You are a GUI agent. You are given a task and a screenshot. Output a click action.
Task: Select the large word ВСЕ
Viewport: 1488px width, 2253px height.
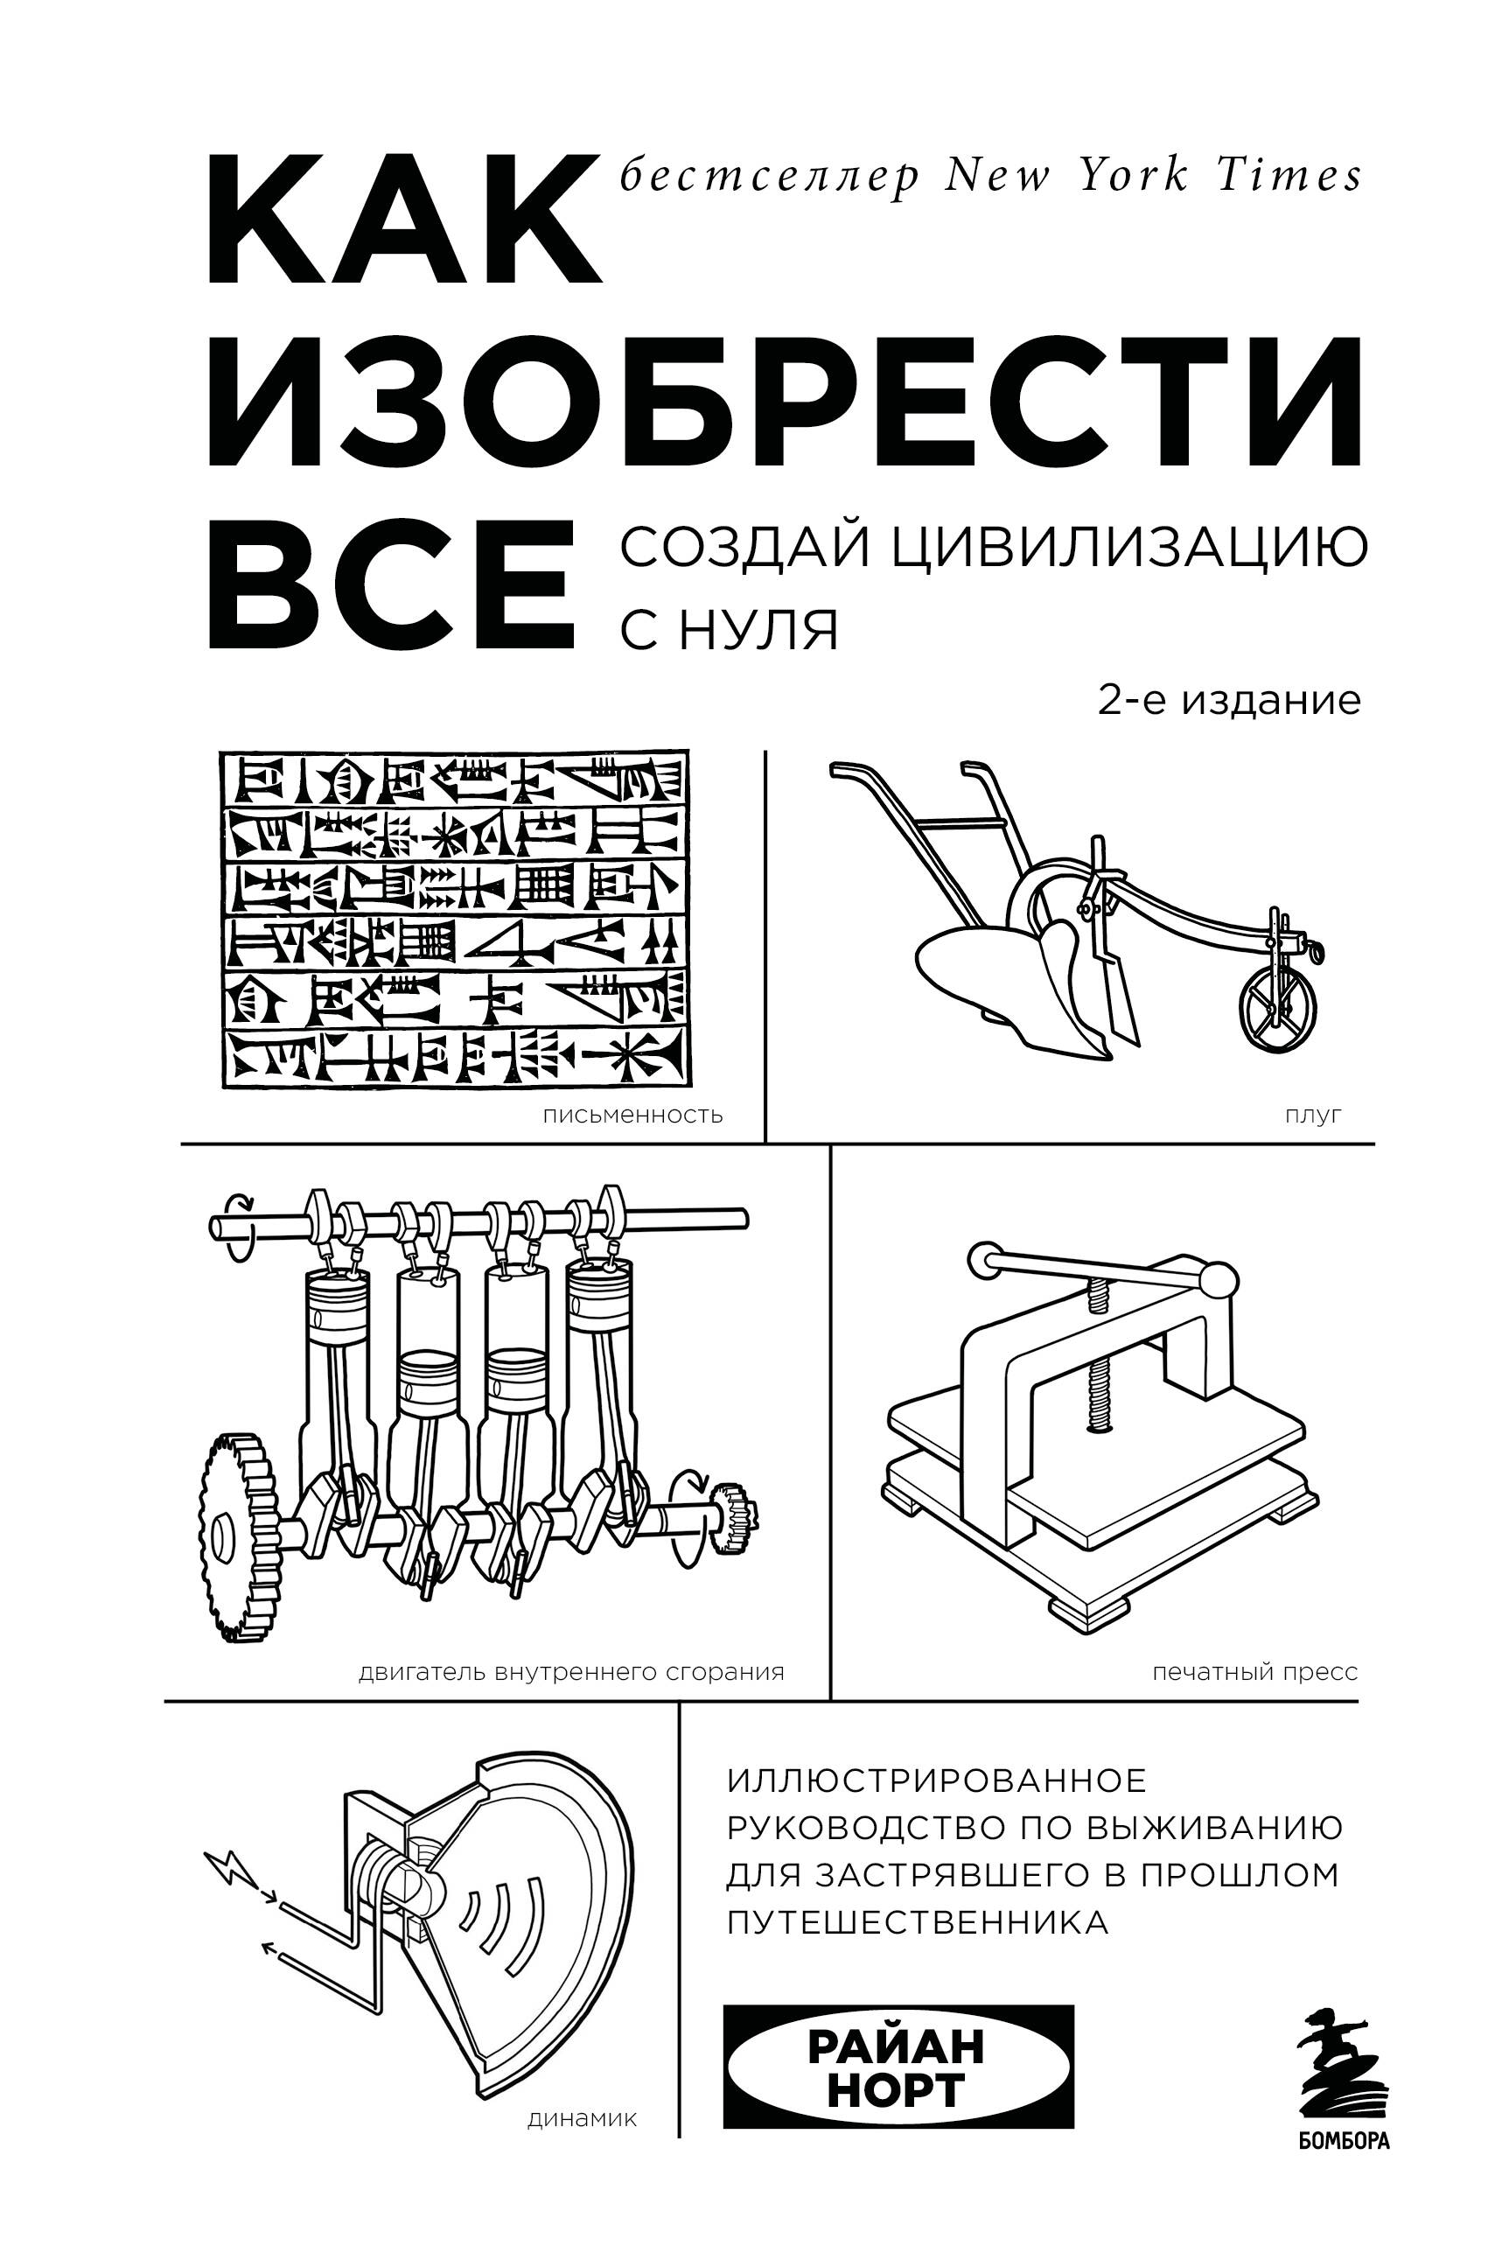click(x=392, y=585)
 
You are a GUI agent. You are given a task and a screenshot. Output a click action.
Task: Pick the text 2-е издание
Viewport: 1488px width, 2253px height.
click(x=1229, y=700)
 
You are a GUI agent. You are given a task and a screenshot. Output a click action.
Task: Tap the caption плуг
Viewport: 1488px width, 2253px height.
click(x=1313, y=1115)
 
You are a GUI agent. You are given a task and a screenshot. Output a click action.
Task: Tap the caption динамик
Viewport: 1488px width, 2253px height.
click(x=582, y=2119)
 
